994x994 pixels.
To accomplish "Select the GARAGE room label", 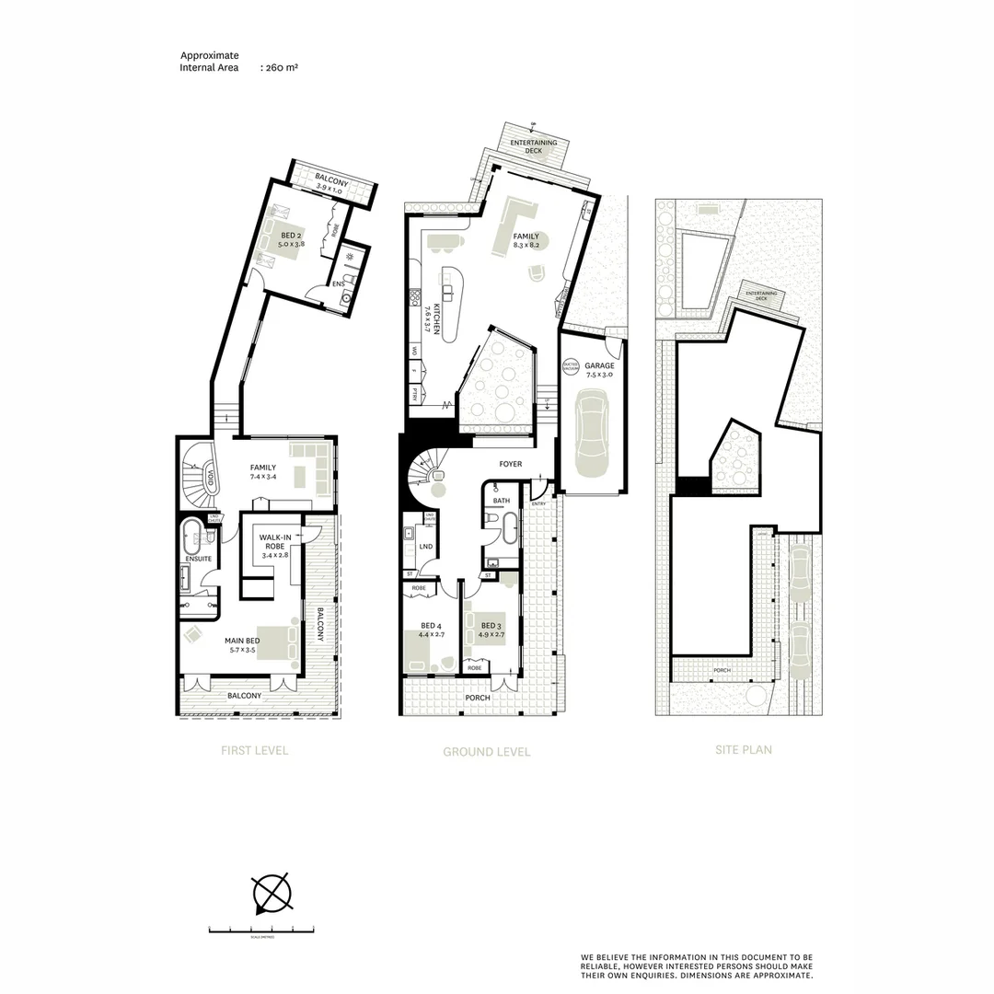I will pos(599,365).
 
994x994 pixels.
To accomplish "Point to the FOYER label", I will pos(510,464).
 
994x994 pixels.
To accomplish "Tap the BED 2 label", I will pos(293,236).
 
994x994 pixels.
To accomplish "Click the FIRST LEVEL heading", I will pos(255,750).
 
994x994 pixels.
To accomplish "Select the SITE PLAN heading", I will pos(744,749).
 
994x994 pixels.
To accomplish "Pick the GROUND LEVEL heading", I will pos(487,752).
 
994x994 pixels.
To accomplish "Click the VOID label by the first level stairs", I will pos(211,479).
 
